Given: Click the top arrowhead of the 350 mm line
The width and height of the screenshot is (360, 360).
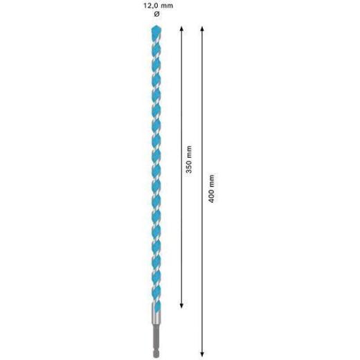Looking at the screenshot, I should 181,28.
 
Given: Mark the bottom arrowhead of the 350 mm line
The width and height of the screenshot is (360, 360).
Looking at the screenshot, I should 181,304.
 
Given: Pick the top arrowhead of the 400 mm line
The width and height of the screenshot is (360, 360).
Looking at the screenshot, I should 202,28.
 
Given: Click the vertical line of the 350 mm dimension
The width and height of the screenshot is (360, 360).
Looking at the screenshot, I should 181,104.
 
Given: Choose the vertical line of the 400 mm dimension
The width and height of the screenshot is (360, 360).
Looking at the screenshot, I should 202,104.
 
